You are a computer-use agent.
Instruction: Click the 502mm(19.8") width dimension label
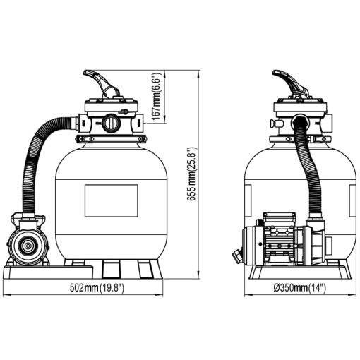(x=97, y=288)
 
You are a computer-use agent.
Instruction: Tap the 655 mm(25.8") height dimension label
(x=192, y=174)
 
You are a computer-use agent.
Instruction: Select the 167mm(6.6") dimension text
(x=157, y=96)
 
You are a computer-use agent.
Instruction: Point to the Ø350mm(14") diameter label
(x=300, y=288)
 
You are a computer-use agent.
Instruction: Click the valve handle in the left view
(x=102, y=83)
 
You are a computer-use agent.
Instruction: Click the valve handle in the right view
(x=290, y=83)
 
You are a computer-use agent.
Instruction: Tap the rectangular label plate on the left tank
(x=112, y=200)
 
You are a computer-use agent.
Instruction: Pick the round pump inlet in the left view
(x=28, y=246)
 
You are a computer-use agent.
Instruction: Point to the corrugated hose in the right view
(x=308, y=164)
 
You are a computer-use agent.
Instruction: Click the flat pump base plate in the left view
(x=48, y=272)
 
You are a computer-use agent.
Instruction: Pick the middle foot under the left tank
(x=112, y=269)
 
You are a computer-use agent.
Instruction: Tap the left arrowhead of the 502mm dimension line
(x=6, y=294)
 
